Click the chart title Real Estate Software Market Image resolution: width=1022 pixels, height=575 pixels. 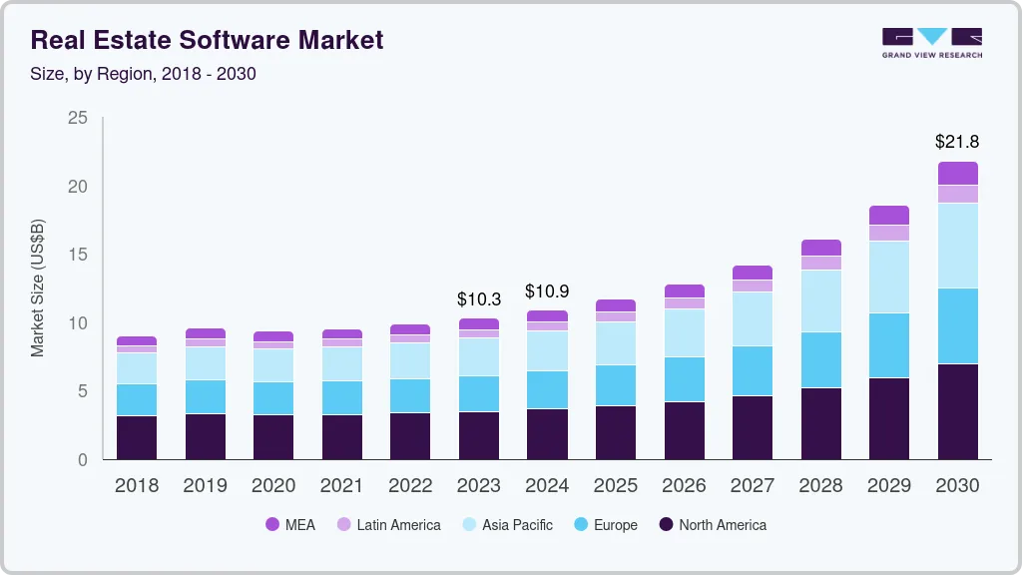click(x=207, y=41)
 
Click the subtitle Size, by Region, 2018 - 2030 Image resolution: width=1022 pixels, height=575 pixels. click(x=144, y=74)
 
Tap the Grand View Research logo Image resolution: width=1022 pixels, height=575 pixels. click(x=931, y=42)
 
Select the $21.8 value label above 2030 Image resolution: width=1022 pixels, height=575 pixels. click(x=957, y=142)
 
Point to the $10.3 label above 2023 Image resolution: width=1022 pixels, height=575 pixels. click(x=478, y=298)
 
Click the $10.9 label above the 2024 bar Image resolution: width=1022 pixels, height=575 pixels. click(x=547, y=291)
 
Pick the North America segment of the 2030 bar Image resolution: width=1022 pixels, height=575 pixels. click(x=957, y=411)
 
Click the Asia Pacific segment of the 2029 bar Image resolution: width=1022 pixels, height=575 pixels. click(x=888, y=277)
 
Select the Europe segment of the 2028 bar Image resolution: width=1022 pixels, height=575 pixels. click(x=820, y=359)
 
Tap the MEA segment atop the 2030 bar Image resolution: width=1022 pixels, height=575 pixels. click(x=957, y=173)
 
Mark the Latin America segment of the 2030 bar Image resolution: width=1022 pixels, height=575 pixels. click(x=957, y=194)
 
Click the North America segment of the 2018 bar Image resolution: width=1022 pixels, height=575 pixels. click(x=136, y=437)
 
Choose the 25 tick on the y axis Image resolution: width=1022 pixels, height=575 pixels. click(x=78, y=118)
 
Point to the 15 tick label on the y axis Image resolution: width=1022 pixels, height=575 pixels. click(x=78, y=255)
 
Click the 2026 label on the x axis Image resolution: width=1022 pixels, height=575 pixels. click(x=684, y=486)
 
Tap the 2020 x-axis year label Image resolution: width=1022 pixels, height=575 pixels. click(x=272, y=486)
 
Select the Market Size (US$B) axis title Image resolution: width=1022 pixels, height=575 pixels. click(x=37, y=287)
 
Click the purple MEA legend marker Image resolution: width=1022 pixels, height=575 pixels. click(x=272, y=525)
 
